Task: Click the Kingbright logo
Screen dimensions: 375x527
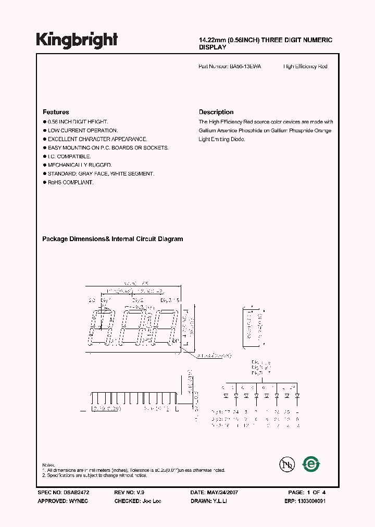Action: [77, 40]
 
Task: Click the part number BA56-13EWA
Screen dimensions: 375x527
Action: [246, 67]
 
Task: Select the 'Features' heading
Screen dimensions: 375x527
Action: [56, 112]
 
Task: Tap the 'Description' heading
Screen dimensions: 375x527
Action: [216, 112]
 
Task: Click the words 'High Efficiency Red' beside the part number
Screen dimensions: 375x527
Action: [305, 67]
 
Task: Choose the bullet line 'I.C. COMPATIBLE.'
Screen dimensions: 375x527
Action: [69, 156]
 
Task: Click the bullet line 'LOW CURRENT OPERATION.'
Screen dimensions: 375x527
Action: [83, 130]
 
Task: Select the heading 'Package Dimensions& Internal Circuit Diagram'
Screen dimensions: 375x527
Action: [113, 239]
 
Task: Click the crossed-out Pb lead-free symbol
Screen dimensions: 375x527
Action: [287, 465]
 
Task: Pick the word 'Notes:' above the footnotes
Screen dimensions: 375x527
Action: [48, 465]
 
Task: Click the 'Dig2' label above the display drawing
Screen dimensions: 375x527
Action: [137, 300]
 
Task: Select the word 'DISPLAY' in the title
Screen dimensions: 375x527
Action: [213, 47]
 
